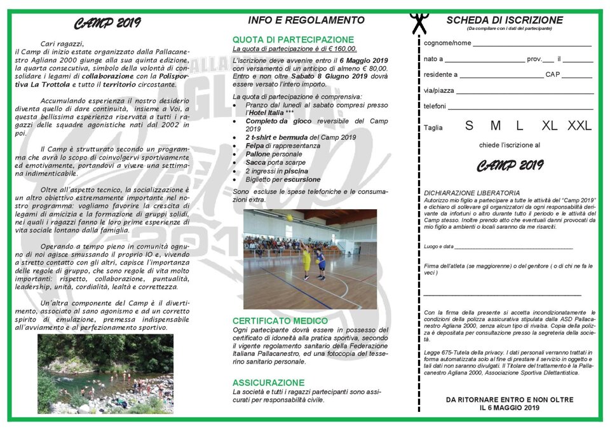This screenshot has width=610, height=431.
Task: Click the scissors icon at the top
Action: tap(419, 23)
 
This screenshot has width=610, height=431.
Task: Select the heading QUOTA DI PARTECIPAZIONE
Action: tap(293, 39)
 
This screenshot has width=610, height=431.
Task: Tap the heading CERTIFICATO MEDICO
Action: tap(280, 321)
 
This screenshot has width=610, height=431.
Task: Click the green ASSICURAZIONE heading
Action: tap(268, 383)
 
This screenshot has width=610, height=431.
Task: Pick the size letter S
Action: tap(469, 126)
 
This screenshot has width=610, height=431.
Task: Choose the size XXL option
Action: tap(579, 126)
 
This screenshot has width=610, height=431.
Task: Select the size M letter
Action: tap(496, 126)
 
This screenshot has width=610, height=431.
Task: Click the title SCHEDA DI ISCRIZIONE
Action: tap(505, 20)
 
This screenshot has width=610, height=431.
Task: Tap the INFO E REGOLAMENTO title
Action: tap(306, 20)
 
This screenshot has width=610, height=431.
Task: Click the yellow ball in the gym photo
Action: tap(290, 217)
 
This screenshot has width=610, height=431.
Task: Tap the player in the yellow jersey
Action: tap(306, 261)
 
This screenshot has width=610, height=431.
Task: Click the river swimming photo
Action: tap(105, 374)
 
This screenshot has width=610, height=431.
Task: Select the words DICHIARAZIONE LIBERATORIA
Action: tap(471, 193)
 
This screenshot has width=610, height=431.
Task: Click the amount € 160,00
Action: tap(342, 48)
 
